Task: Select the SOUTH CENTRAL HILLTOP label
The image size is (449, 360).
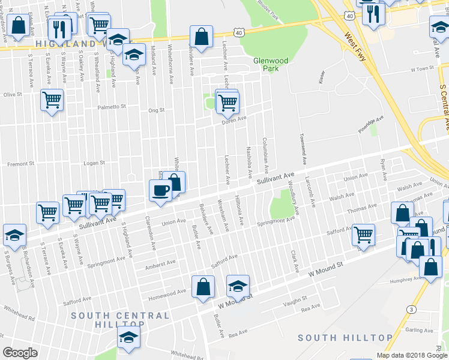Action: [120, 320]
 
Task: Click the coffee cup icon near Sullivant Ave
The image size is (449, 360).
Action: [160, 191]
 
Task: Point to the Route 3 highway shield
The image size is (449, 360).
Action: [411, 309]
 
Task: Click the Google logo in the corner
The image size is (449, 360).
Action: [20, 353]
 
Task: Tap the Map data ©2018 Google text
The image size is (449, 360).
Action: [412, 355]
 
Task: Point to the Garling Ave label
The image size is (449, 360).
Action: [418, 330]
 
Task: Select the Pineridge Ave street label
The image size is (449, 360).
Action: [366, 133]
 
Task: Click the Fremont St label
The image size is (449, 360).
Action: [18, 164]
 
